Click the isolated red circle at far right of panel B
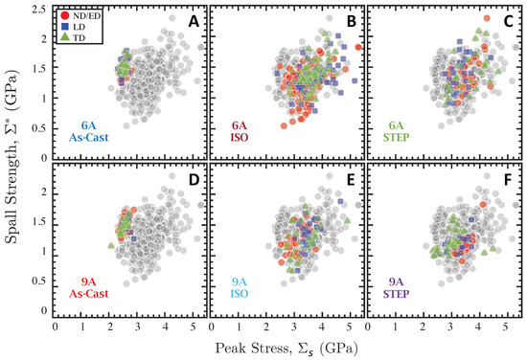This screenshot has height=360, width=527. point(358,47)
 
